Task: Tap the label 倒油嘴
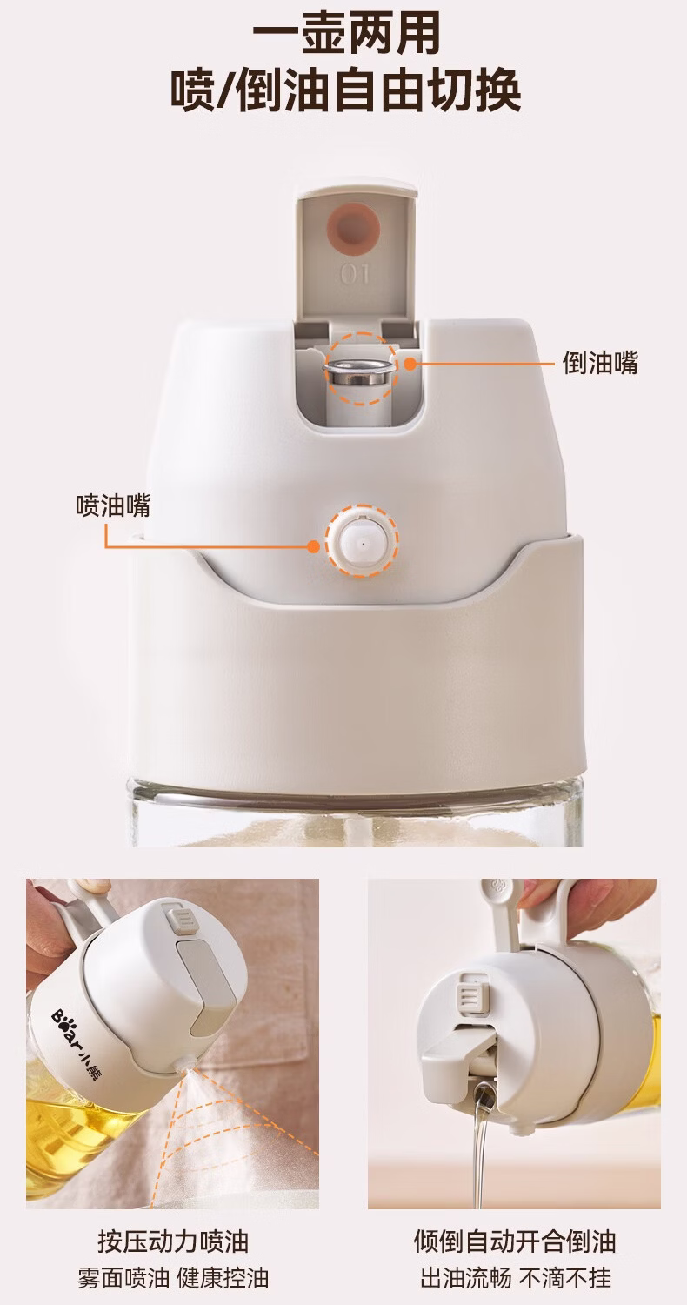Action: pos(600,363)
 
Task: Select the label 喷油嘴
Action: pos(113,505)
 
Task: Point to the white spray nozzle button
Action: pos(362,540)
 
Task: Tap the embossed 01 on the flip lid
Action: pos(354,274)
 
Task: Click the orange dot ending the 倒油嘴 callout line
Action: pos(410,364)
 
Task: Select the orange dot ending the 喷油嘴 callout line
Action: pos(314,546)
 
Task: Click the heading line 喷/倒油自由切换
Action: pos(345,92)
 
